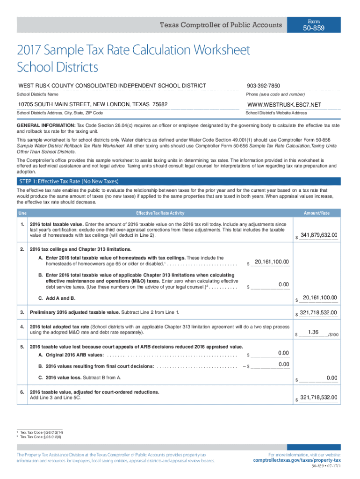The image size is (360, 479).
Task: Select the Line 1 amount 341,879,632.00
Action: (x=319, y=235)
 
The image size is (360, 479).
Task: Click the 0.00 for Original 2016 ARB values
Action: (x=283, y=352)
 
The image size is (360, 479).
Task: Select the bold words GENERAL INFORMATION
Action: (x=46, y=126)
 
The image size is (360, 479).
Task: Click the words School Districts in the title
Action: (x=58, y=67)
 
